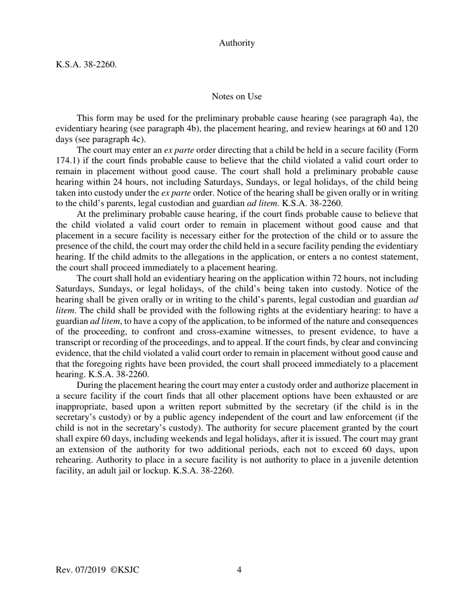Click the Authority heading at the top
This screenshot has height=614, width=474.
click(x=237, y=43)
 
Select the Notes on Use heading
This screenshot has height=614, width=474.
click(x=237, y=96)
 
